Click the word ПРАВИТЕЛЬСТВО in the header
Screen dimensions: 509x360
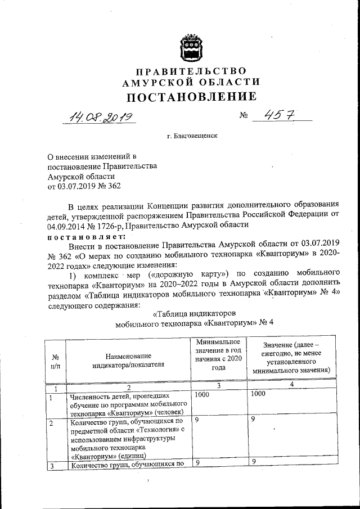[x=185, y=71]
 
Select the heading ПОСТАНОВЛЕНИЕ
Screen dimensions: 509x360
[x=185, y=96]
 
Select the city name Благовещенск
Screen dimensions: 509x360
[x=192, y=136]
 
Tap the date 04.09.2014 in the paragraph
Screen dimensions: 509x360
[x=67, y=226]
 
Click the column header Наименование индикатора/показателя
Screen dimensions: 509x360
[x=129, y=360]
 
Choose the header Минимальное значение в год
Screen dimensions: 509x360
[x=218, y=355]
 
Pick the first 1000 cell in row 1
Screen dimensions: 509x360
[x=202, y=395]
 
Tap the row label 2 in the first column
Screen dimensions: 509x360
[x=51, y=422]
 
